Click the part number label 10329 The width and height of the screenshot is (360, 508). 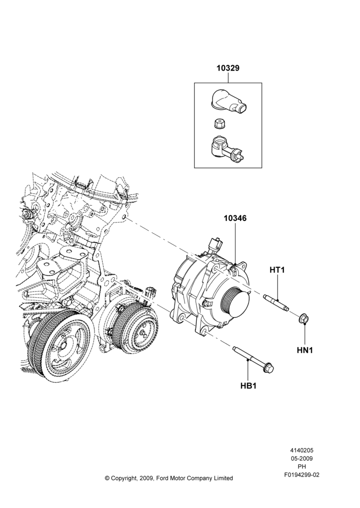228,69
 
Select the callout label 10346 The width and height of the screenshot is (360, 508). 235,218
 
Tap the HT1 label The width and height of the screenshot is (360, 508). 277,270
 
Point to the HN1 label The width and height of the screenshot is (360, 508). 305,350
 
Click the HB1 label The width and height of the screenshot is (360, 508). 249,386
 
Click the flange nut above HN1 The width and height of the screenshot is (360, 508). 304,319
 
